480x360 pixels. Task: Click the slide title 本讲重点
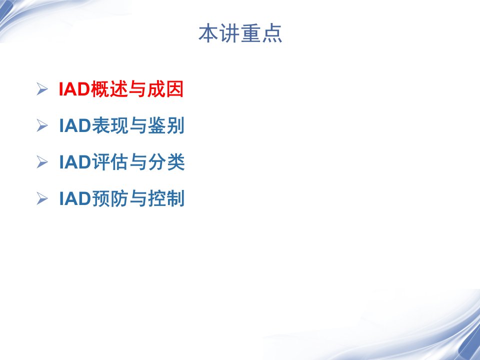pyautogui.click(x=240, y=33)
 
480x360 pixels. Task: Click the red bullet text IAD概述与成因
pyautogui.click(x=121, y=89)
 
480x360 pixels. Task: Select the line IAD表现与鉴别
pyautogui.click(x=121, y=125)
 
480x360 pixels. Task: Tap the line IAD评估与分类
pyautogui.click(x=122, y=162)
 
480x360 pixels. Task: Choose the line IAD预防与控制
pyautogui.click(x=121, y=198)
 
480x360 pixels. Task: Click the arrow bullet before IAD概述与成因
pyautogui.click(x=42, y=89)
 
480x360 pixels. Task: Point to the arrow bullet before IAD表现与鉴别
pyautogui.click(x=42, y=125)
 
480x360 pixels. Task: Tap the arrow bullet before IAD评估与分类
pyautogui.click(x=42, y=162)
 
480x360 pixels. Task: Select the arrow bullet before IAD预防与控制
pyautogui.click(x=42, y=198)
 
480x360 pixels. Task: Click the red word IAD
pyautogui.click(x=74, y=89)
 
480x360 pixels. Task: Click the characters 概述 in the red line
pyautogui.click(x=109, y=89)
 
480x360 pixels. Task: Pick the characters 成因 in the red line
pyautogui.click(x=165, y=89)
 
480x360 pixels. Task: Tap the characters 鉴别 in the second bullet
pyautogui.click(x=166, y=125)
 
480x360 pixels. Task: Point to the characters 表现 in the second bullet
pyautogui.click(x=110, y=125)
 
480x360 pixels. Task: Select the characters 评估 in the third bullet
pyautogui.click(x=110, y=162)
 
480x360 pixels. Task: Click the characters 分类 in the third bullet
pyautogui.click(x=166, y=162)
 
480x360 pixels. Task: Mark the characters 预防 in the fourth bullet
pyautogui.click(x=110, y=198)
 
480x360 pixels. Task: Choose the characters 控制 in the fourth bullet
pyautogui.click(x=166, y=198)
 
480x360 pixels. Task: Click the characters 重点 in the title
pyautogui.click(x=261, y=33)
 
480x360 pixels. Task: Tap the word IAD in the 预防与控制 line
pyautogui.click(x=75, y=198)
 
